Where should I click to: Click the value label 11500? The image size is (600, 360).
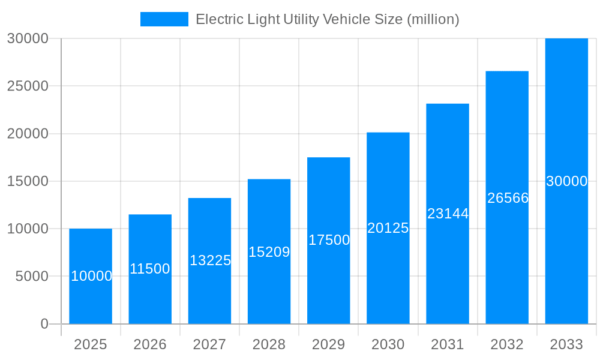pyautogui.click(x=150, y=269)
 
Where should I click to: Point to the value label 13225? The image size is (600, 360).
pyautogui.click(x=210, y=260)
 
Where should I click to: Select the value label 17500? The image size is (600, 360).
pyautogui.click(x=329, y=240)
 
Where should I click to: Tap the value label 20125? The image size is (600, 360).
pyautogui.click(x=388, y=228)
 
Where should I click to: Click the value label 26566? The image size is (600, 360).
pyautogui.click(x=508, y=198)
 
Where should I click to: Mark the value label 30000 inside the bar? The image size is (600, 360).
pyautogui.click(x=566, y=181)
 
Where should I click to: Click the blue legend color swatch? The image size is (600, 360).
pyautogui.click(x=164, y=19)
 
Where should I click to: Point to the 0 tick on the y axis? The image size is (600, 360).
pyautogui.click(x=44, y=324)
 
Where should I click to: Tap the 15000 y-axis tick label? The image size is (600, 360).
pyautogui.click(x=28, y=181)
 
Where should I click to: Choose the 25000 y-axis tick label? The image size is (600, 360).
pyautogui.click(x=28, y=86)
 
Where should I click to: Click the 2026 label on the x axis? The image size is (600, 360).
pyautogui.click(x=150, y=344)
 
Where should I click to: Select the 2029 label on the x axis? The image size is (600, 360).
pyautogui.click(x=329, y=344)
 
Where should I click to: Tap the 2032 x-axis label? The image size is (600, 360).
pyautogui.click(x=507, y=344)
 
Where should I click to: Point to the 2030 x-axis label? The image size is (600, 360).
pyautogui.click(x=388, y=344)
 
